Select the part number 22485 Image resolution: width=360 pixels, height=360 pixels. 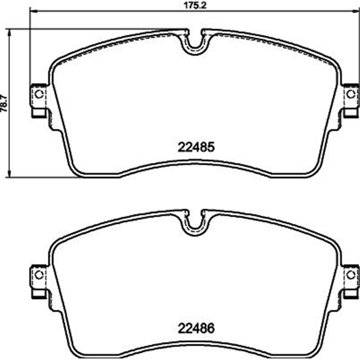[x=196, y=147]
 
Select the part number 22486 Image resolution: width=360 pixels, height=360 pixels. [x=196, y=328]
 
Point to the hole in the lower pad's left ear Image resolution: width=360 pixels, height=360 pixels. [x=39, y=274]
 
